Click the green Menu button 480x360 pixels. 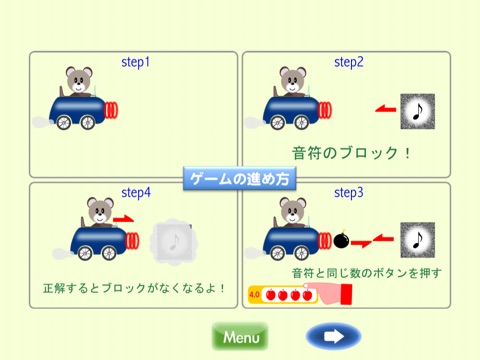point(240,337)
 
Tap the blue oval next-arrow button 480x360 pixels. point(334,337)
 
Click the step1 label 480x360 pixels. point(135,62)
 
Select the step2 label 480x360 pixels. point(349,62)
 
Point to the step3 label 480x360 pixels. point(349,193)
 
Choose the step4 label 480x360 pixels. point(136,193)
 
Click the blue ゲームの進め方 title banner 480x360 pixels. point(240,179)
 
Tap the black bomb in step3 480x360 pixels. point(341,240)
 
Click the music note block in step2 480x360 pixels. point(418,111)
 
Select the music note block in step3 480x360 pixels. point(418,240)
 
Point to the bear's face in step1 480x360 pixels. point(79,80)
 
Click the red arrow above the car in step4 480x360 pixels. point(123,219)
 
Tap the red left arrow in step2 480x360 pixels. point(386,109)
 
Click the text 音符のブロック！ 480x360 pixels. point(351,153)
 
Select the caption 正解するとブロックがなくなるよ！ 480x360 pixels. point(134,288)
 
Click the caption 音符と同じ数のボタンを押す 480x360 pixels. point(367,273)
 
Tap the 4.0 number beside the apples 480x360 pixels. point(254,295)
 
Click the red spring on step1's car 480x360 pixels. point(111,110)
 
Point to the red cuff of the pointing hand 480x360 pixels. point(346,294)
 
